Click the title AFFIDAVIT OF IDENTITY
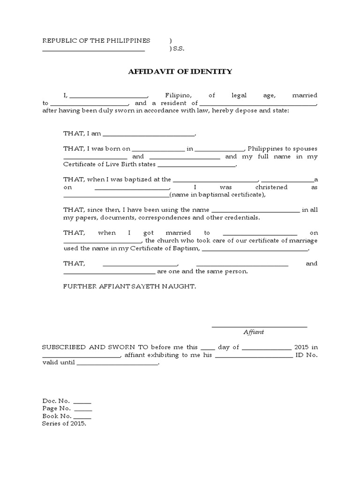180,72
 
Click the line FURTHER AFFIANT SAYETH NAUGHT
129,285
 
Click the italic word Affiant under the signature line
254,332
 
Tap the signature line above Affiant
259,326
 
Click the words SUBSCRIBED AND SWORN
96,347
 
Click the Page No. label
56,408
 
